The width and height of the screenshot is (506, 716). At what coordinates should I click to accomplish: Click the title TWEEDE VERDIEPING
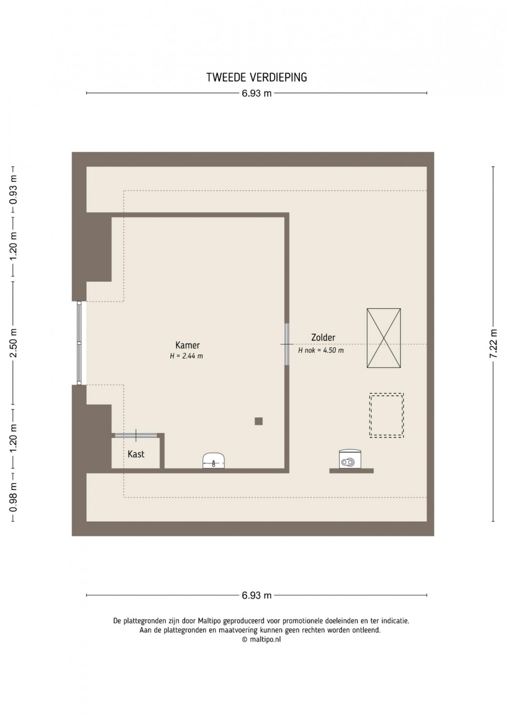pos(257,77)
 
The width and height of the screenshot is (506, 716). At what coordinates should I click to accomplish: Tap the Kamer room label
pos(187,345)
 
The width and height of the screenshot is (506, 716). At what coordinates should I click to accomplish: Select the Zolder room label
pos(323,337)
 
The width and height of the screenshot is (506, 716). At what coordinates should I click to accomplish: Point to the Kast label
pos(136,454)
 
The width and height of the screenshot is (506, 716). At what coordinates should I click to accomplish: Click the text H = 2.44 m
pos(186,356)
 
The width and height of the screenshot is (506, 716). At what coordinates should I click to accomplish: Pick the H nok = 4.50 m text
pos(321,350)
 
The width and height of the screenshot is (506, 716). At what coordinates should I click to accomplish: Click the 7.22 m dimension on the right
pos(494,344)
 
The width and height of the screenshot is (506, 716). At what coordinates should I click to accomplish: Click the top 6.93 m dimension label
pos(257,94)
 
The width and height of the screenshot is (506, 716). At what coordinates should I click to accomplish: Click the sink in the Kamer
pos(214,461)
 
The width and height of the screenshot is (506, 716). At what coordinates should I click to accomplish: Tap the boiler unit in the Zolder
pos(350,459)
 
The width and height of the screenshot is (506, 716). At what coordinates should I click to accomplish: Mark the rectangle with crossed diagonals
pos(383,338)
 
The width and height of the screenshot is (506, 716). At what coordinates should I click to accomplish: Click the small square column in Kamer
pos(259,421)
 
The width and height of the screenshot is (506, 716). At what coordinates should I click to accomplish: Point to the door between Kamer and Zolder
pos(287,344)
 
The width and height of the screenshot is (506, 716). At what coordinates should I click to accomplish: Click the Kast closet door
pos(136,435)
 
